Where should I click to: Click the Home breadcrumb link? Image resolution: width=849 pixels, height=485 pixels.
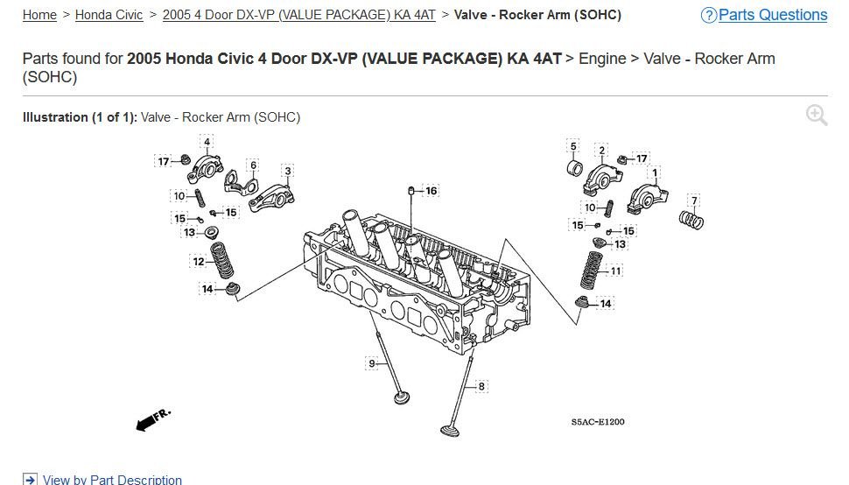tap(39, 15)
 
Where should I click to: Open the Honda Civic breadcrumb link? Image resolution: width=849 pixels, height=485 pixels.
tap(109, 15)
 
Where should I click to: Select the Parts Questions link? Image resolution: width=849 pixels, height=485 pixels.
tap(773, 15)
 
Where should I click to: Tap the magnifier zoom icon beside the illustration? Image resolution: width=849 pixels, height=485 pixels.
tap(817, 116)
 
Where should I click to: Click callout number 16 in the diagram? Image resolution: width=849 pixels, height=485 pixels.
tap(431, 191)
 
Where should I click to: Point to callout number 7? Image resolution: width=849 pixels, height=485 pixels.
tap(694, 200)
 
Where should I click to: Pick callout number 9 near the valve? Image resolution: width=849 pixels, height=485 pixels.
tap(372, 363)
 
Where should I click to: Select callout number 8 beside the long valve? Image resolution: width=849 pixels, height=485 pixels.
tap(481, 386)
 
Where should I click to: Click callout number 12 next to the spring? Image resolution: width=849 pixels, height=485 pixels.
tap(199, 262)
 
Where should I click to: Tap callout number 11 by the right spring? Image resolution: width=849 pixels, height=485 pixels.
tap(615, 271)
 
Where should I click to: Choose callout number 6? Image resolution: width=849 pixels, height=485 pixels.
tap(254, 165)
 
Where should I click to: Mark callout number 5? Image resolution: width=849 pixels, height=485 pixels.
tap(573, 146)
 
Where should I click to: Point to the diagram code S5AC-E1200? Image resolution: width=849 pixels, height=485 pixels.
tap(598, 422)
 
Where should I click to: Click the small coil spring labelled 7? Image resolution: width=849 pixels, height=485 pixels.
tap(691, 219)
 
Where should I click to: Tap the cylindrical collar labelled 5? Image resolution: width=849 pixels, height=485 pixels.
tap(574, 168)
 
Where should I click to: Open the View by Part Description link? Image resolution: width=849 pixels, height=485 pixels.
tap(112, 480)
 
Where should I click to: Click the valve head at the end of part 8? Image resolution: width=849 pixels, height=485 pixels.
tap(451, 431)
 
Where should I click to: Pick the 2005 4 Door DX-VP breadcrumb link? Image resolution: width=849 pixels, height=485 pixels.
tap(298, 15)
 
